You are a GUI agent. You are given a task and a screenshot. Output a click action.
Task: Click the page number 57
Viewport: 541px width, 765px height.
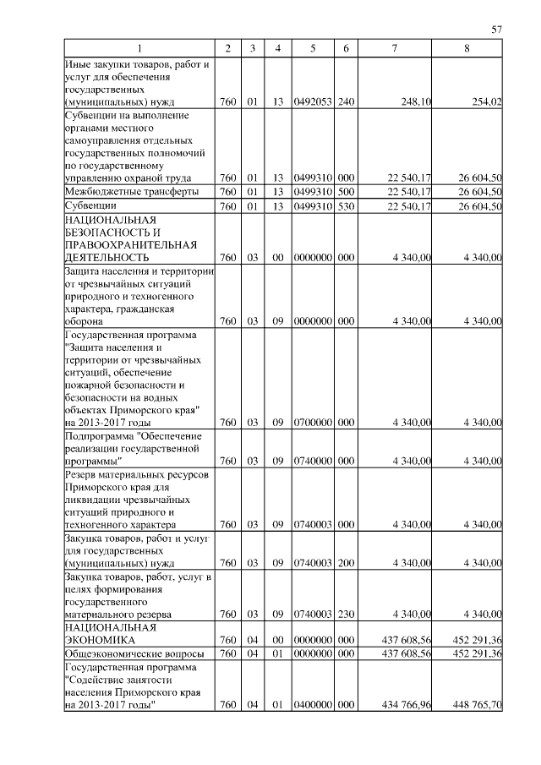(x=497, y=30)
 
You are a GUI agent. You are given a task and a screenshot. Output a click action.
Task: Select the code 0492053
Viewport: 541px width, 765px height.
(x=313, y=101)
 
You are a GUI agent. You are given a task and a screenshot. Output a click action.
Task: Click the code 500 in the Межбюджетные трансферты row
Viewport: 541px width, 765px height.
(x=345, y=191)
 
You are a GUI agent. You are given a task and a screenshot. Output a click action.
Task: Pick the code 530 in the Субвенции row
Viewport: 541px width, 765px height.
(x=345, y=205)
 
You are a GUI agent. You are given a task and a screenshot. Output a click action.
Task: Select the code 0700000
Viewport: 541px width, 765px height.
(x=313, y=422)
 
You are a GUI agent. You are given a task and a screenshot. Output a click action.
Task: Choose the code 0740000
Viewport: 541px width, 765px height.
(x=313, y=461)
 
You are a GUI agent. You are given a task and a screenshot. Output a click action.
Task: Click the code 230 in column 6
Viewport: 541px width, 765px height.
(x=345, y=614)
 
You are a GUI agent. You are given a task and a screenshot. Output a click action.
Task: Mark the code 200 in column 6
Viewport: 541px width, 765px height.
(x=345, y=562)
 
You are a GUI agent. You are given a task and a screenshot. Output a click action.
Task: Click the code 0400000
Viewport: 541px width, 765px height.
(x=313, y=705)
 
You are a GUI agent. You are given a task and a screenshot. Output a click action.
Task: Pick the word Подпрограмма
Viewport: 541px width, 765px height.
(x=100, y=435)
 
